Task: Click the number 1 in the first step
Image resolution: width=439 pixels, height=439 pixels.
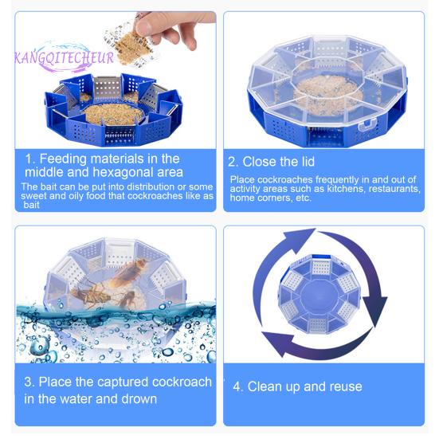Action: click(x=29, y=159)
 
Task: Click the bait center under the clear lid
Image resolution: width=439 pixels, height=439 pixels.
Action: click(x=327, y=90)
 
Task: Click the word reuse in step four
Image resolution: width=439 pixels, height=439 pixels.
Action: click(x=343, y=386)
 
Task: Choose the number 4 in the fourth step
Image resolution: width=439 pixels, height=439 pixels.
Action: click(x=237, y=386)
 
